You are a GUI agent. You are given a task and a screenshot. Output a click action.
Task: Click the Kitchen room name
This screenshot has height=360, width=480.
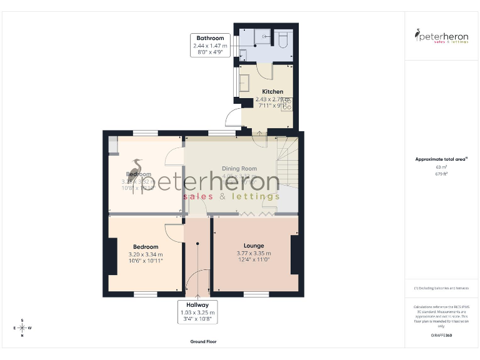tap(272, 91)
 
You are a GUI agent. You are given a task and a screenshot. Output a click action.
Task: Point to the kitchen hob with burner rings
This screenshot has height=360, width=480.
tap(287, 105)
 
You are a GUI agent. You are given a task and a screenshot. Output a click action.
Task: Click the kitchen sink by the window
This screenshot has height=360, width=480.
tap(243, 83)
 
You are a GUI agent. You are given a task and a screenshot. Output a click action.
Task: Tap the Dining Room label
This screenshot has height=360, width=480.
tap(240, 168)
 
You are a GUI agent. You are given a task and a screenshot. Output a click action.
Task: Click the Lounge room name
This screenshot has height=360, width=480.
tap(254, 246)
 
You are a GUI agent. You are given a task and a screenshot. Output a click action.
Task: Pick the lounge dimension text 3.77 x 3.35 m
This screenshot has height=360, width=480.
tap(254, 253)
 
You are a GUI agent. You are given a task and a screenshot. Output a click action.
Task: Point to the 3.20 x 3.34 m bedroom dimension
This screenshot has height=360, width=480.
tap(145, 254)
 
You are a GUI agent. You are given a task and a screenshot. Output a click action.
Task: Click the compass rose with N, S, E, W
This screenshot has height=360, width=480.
tap(22, 327)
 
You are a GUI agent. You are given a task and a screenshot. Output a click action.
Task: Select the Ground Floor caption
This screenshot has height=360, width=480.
tap(203, 342)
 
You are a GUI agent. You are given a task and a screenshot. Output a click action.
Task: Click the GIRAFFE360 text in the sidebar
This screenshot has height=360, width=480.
tap(441, 336)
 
